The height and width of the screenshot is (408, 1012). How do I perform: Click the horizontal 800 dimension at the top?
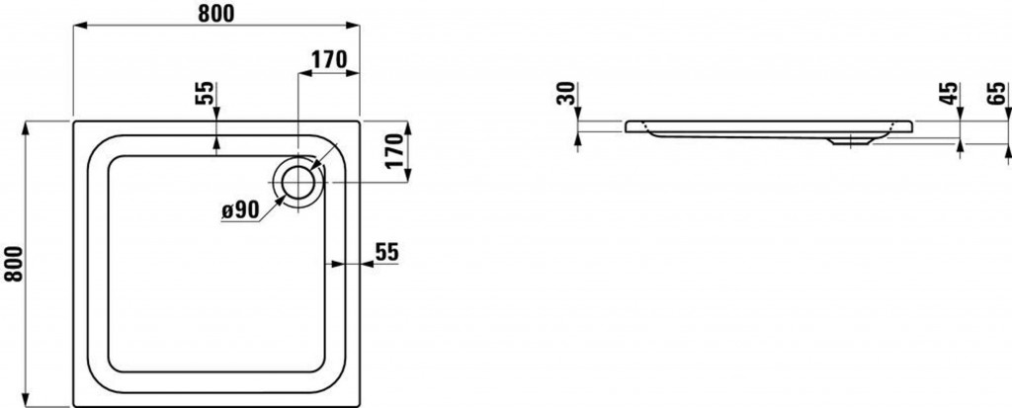[x=215, y=13]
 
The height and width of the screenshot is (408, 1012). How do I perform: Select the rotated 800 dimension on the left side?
[x=14, y=264]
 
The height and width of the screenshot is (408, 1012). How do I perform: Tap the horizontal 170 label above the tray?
[x=329, y=59]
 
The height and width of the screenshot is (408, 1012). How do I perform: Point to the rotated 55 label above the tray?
[x=204, y=93]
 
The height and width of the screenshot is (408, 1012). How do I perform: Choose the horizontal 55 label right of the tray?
[x=387, y=253]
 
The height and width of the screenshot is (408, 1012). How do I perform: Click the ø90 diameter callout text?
[x=240, y=209]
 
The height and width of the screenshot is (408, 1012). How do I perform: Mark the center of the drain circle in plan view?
[x=297, y=182]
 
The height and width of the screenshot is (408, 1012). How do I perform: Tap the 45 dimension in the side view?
[x=946, y=94]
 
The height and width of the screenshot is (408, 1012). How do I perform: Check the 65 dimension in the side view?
[x=996, y=94]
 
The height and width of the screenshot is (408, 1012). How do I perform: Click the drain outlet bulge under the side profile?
[x=851, y=140]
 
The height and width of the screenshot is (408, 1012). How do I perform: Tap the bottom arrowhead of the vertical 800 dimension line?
[x=25, y=399]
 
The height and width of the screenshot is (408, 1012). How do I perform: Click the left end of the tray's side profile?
[x=626, y=125]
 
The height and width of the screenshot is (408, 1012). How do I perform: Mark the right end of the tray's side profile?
[x=912, y=125]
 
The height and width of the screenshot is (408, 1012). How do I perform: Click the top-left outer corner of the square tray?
[x=73, y=122]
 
